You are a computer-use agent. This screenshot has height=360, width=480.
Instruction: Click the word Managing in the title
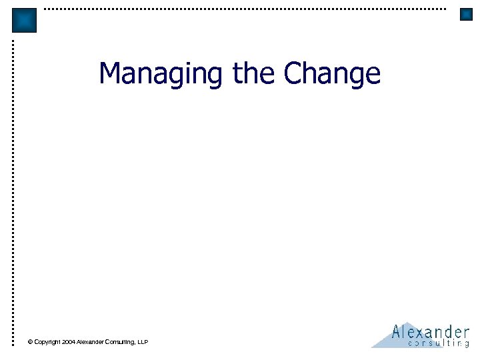tap(161, 73)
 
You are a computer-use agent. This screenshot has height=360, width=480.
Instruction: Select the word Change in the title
tap(332, 73)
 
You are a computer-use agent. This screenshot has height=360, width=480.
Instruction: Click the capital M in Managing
tap(111, 73)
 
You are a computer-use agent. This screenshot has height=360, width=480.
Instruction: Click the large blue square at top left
tap(24, 20)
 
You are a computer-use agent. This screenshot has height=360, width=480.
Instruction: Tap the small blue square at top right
tap(466, 14)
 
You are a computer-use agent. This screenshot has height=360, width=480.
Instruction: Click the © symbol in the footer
tap(30, 342)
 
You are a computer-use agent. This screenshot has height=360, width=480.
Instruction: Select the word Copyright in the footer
tap(47, 342)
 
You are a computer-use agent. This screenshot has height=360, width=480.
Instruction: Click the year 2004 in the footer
tap(68, 342)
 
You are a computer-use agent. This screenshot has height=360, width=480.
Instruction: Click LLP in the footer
tap(143, 342)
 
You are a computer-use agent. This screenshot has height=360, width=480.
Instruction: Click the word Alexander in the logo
tap(430, 331)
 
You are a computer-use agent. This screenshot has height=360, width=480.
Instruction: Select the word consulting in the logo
tap(438, 343)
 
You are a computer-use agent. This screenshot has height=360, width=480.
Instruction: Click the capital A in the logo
tap(397, 331)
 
